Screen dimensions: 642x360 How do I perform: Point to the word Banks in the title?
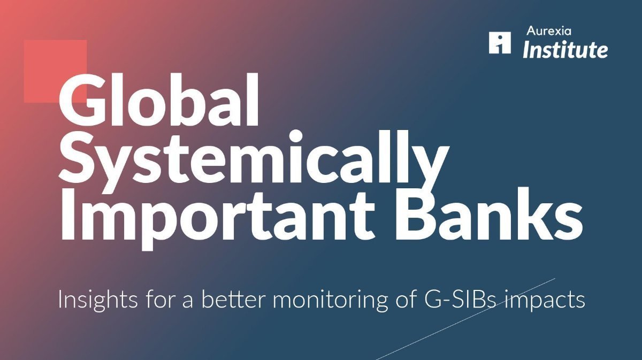click(x=488, y=215)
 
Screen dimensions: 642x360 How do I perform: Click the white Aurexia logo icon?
click(x=500, y=43)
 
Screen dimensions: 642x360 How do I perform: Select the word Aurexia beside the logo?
click(x=549, y=31)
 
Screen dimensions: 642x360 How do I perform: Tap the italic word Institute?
click(x=565, y=50)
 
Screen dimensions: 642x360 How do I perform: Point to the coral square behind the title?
click(x=55, y=71)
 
